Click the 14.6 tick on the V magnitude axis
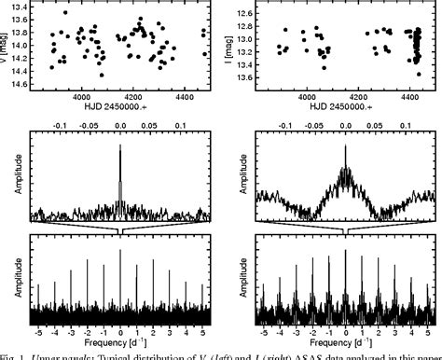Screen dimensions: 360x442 coord(18,84)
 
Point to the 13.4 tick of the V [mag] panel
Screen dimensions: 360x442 coord(18,7)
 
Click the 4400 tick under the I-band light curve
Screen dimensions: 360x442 coord(407,96)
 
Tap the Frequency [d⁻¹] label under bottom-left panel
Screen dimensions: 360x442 coord(120,343)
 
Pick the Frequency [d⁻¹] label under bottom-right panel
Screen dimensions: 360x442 coord(345,343)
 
